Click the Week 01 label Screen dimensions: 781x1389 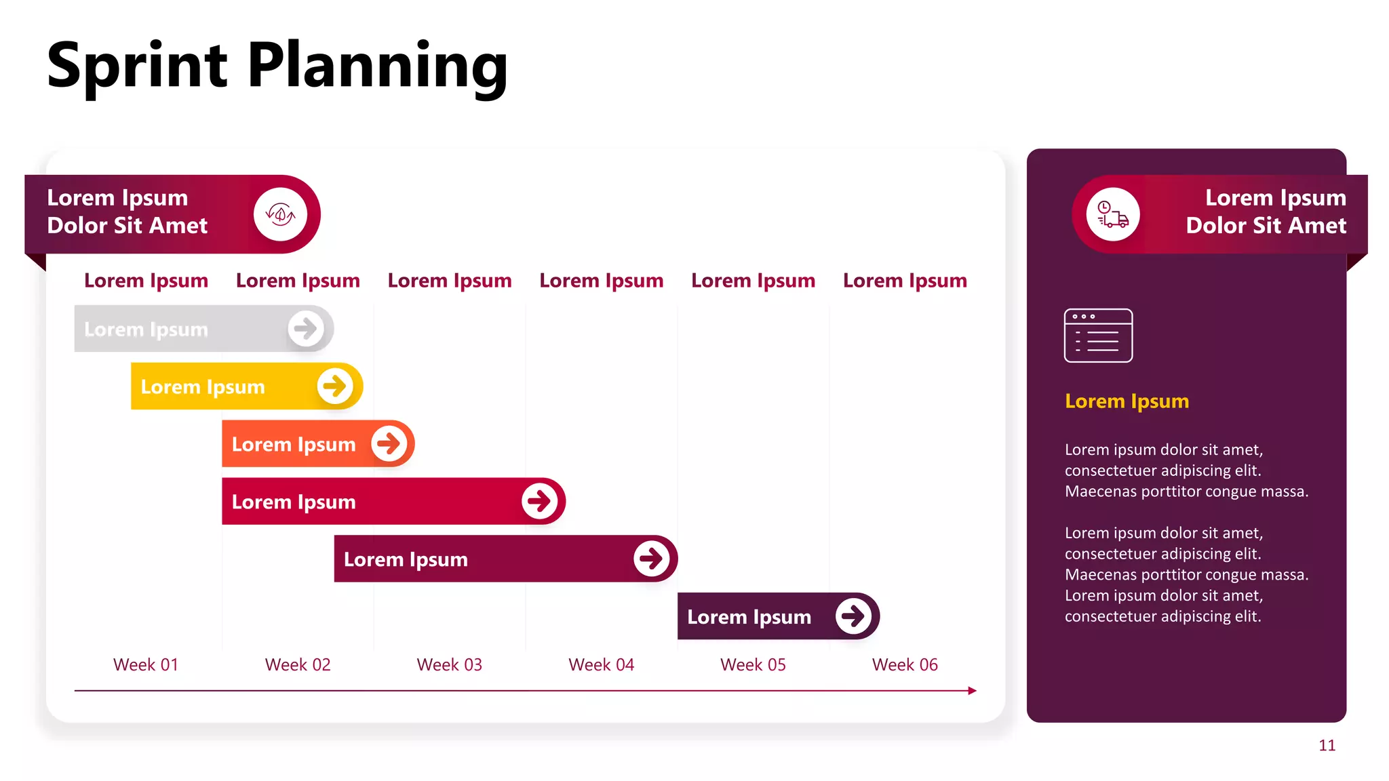pyautogui.click(x=146, y=664)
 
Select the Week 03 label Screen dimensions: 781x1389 pyautogui.click(x=449, y=664)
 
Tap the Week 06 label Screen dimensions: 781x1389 pyautogui.click(x=905, y=664)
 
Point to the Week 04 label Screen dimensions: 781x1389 pyautogui.click(x=601, y=664)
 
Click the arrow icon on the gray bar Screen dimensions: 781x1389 pyautogui.click(x=306, y=329)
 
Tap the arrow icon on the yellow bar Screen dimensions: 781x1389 pyautogui.click(x=335, y=386)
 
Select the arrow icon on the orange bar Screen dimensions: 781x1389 pyautogui.click(x=389, y=444)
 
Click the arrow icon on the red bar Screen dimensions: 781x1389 pyautogui.click(x=540, y=502)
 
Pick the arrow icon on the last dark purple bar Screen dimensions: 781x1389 pyautogui.click(x=853, y=616)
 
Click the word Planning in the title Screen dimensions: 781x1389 pyautogui.click(x=377, y=66)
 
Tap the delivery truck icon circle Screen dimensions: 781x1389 pyautogui.click(x=1113, y=214)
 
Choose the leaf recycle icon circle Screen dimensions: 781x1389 pyautogui.click(x=281, y=214)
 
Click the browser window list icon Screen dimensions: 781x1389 pyautogui.click(x=1098, y=336)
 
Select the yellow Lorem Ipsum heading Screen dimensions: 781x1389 pyautogui.click(x=1127, y=401)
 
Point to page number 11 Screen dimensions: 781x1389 pyautogui.click(x=1327, y=746)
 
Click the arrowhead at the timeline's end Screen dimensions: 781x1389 pyautogui.click(x=973, y=691)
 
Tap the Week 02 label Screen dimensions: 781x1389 pyautogui.click(x=298, y=664)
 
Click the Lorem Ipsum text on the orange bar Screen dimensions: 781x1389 pyautogui.click(x=294, y=445)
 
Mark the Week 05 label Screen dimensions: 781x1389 pyautogui.click(x=753, y=664)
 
